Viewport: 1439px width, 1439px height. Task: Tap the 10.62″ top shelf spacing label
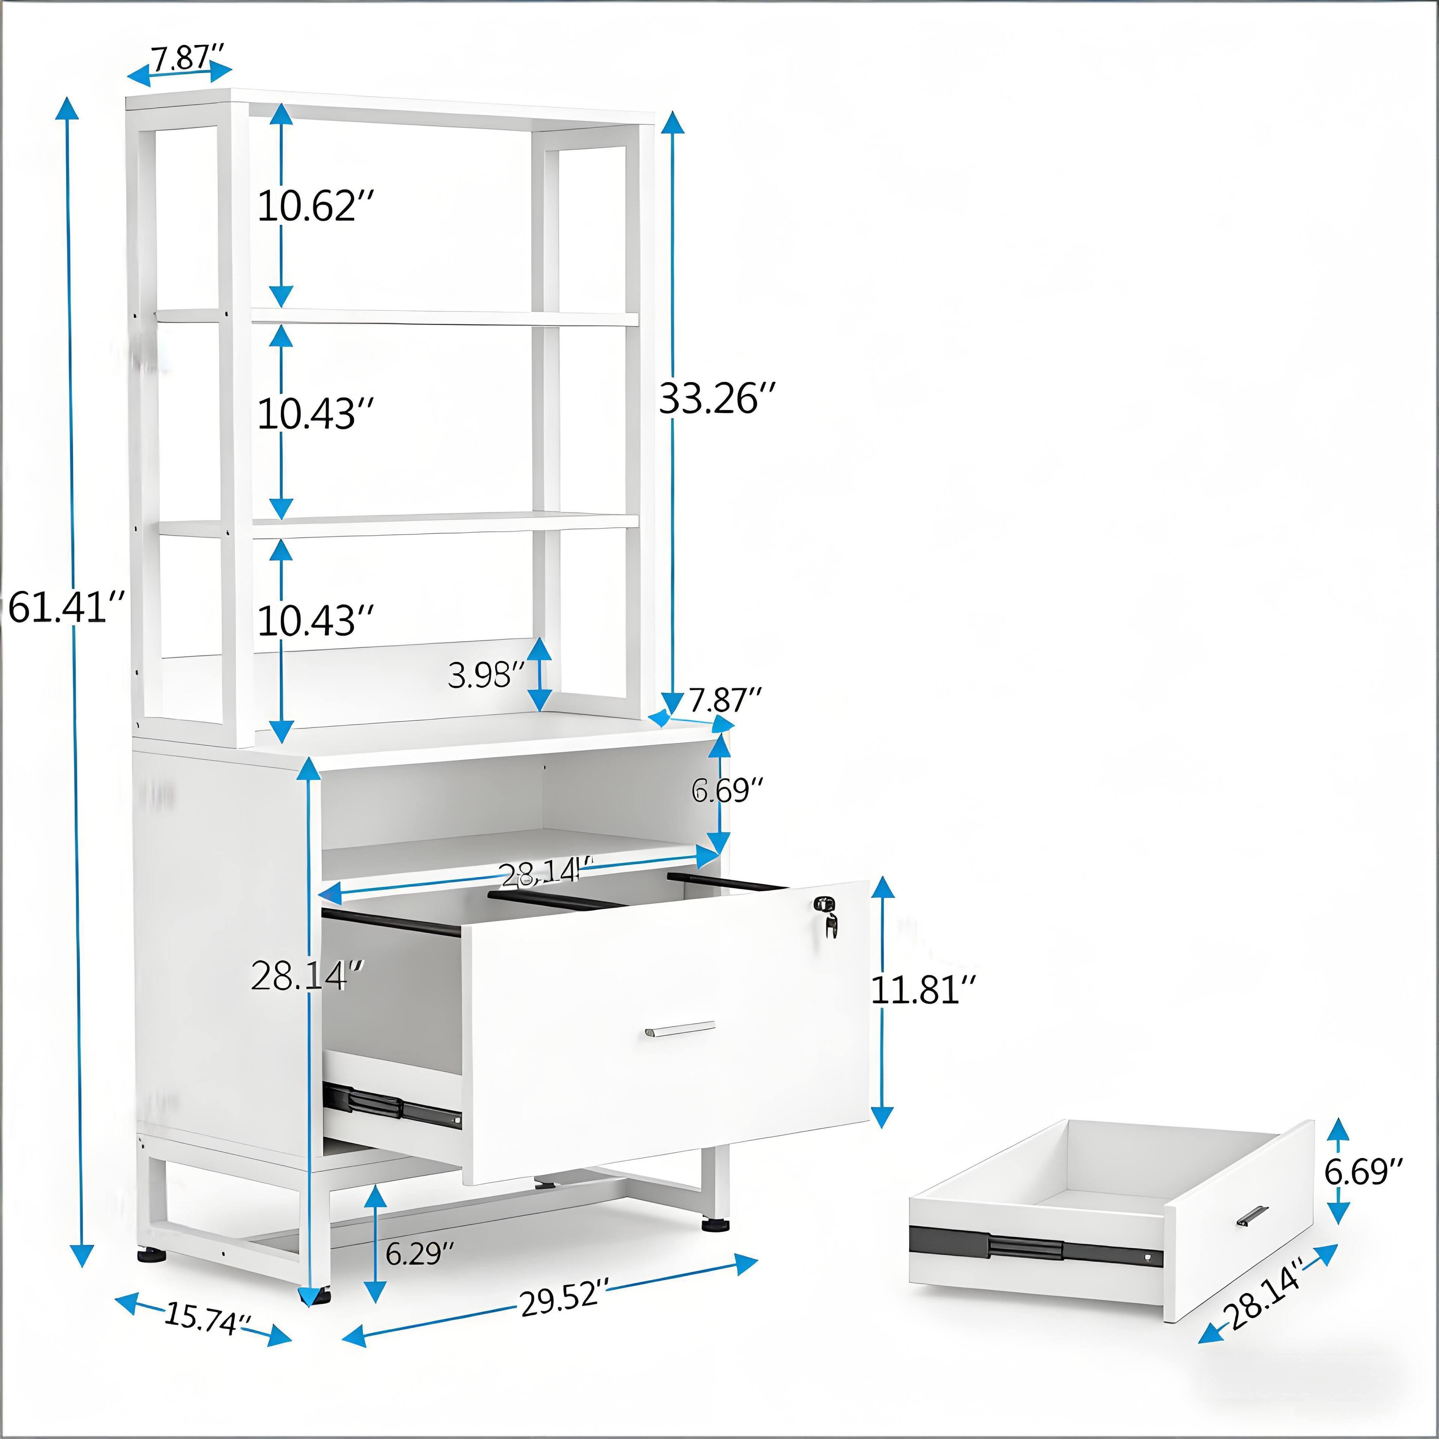(315, 206)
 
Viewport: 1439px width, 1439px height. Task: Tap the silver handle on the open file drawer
(680, 1029)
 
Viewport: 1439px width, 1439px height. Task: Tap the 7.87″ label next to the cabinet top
(725, 700)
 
